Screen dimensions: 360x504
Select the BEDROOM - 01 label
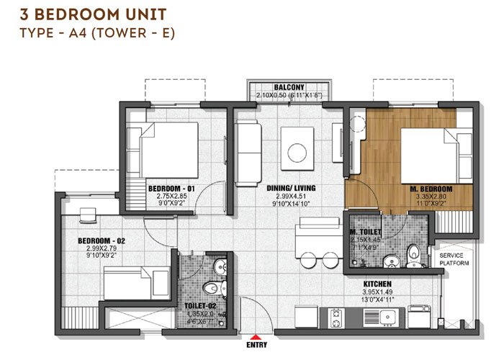point(166,189)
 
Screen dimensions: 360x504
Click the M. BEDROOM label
point(430,189)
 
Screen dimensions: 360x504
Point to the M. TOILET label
point(366,231)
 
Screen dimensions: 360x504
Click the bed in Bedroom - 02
point(135,280)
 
